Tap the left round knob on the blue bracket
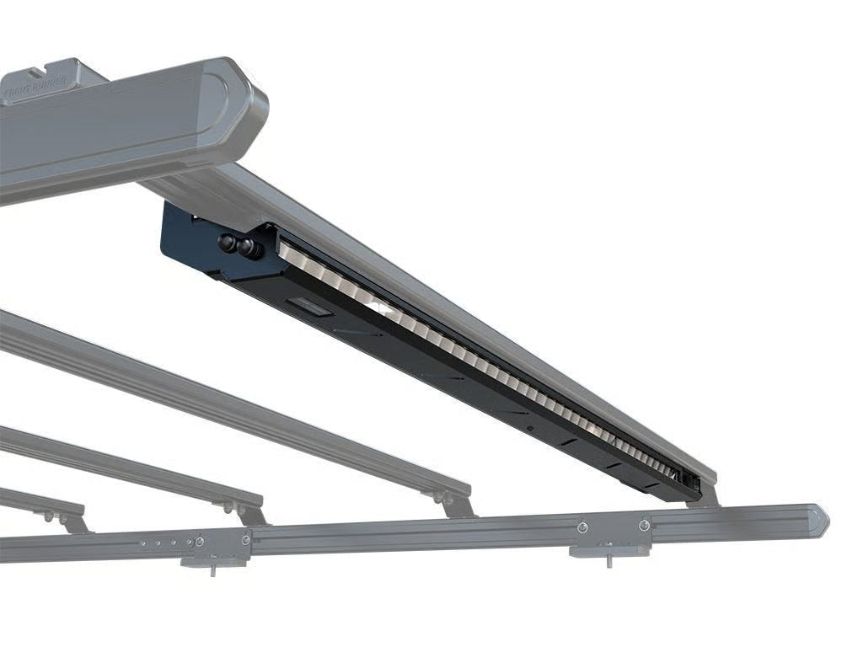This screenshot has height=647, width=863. pos(228,242)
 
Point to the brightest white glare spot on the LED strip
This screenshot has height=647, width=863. pos(383,310)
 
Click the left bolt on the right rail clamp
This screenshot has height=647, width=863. pos(582,528)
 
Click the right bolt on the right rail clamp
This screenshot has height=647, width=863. pos(645,525)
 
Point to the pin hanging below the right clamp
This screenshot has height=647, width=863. pos(608,559)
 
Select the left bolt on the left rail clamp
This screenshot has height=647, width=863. pos(200,540)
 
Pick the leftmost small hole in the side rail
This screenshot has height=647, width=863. pos(142,544)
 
